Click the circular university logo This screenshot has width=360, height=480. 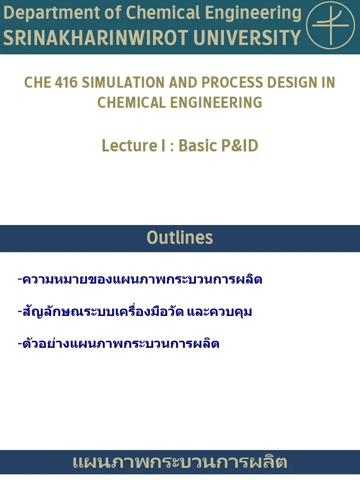[x=330, y=25]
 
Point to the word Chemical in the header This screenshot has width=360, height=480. [x=163, y=13]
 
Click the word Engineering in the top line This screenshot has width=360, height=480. [x=254, y=13]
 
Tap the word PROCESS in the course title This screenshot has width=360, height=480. [x=232, y=82]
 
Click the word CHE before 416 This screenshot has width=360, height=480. [x=37, y=82]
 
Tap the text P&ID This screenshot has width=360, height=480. [x=238, y=146]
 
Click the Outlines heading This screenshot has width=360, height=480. [x=180, y=238]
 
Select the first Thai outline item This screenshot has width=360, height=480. [x=140, y=280]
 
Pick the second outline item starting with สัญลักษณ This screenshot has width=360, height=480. [x=135, y=311]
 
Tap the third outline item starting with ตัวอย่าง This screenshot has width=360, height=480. [x=118, y=344]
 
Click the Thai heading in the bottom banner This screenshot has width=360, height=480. [x=180, y=463]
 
